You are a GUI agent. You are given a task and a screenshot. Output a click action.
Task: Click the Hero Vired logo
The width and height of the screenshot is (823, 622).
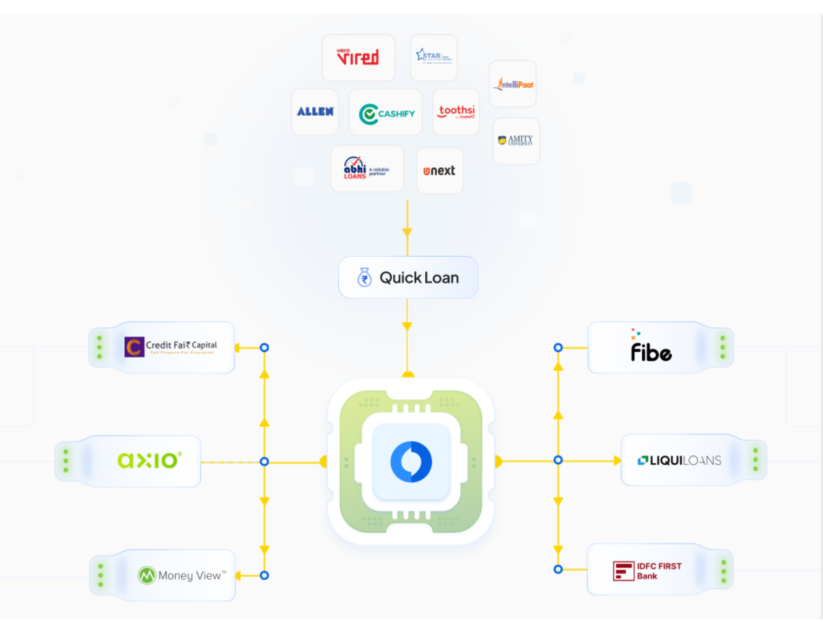358,58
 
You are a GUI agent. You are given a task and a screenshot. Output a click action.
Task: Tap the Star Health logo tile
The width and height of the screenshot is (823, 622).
433,58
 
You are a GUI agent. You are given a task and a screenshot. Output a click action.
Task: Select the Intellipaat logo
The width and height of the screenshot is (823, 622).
513,84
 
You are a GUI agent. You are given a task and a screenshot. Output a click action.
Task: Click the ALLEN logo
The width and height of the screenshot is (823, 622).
315,112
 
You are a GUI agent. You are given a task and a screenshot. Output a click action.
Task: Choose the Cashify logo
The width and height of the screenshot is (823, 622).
386,113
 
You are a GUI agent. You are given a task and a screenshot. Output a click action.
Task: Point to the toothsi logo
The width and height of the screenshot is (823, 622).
457,112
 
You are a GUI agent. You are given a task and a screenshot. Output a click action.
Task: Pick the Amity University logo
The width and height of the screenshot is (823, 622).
516,140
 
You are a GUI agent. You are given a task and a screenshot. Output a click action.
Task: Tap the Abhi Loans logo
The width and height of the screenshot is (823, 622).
366,169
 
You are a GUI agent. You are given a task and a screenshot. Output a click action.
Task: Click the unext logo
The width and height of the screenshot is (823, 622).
440,171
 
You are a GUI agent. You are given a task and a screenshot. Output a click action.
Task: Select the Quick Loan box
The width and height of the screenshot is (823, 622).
408,277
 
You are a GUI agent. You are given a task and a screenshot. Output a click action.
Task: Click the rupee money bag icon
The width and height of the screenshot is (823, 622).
365,277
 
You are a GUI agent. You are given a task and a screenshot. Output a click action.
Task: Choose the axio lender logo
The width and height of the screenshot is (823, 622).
150,460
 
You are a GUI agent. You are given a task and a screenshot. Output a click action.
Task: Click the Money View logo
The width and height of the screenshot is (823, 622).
182,575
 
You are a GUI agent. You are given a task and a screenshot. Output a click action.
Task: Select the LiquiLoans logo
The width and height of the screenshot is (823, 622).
679,460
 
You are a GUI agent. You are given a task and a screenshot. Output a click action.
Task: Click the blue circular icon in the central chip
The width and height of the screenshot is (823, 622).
411,461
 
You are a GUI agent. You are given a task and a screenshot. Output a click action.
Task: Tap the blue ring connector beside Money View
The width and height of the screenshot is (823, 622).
265,575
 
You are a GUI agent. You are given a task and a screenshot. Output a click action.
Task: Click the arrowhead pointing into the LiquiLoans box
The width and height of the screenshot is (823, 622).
616,460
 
